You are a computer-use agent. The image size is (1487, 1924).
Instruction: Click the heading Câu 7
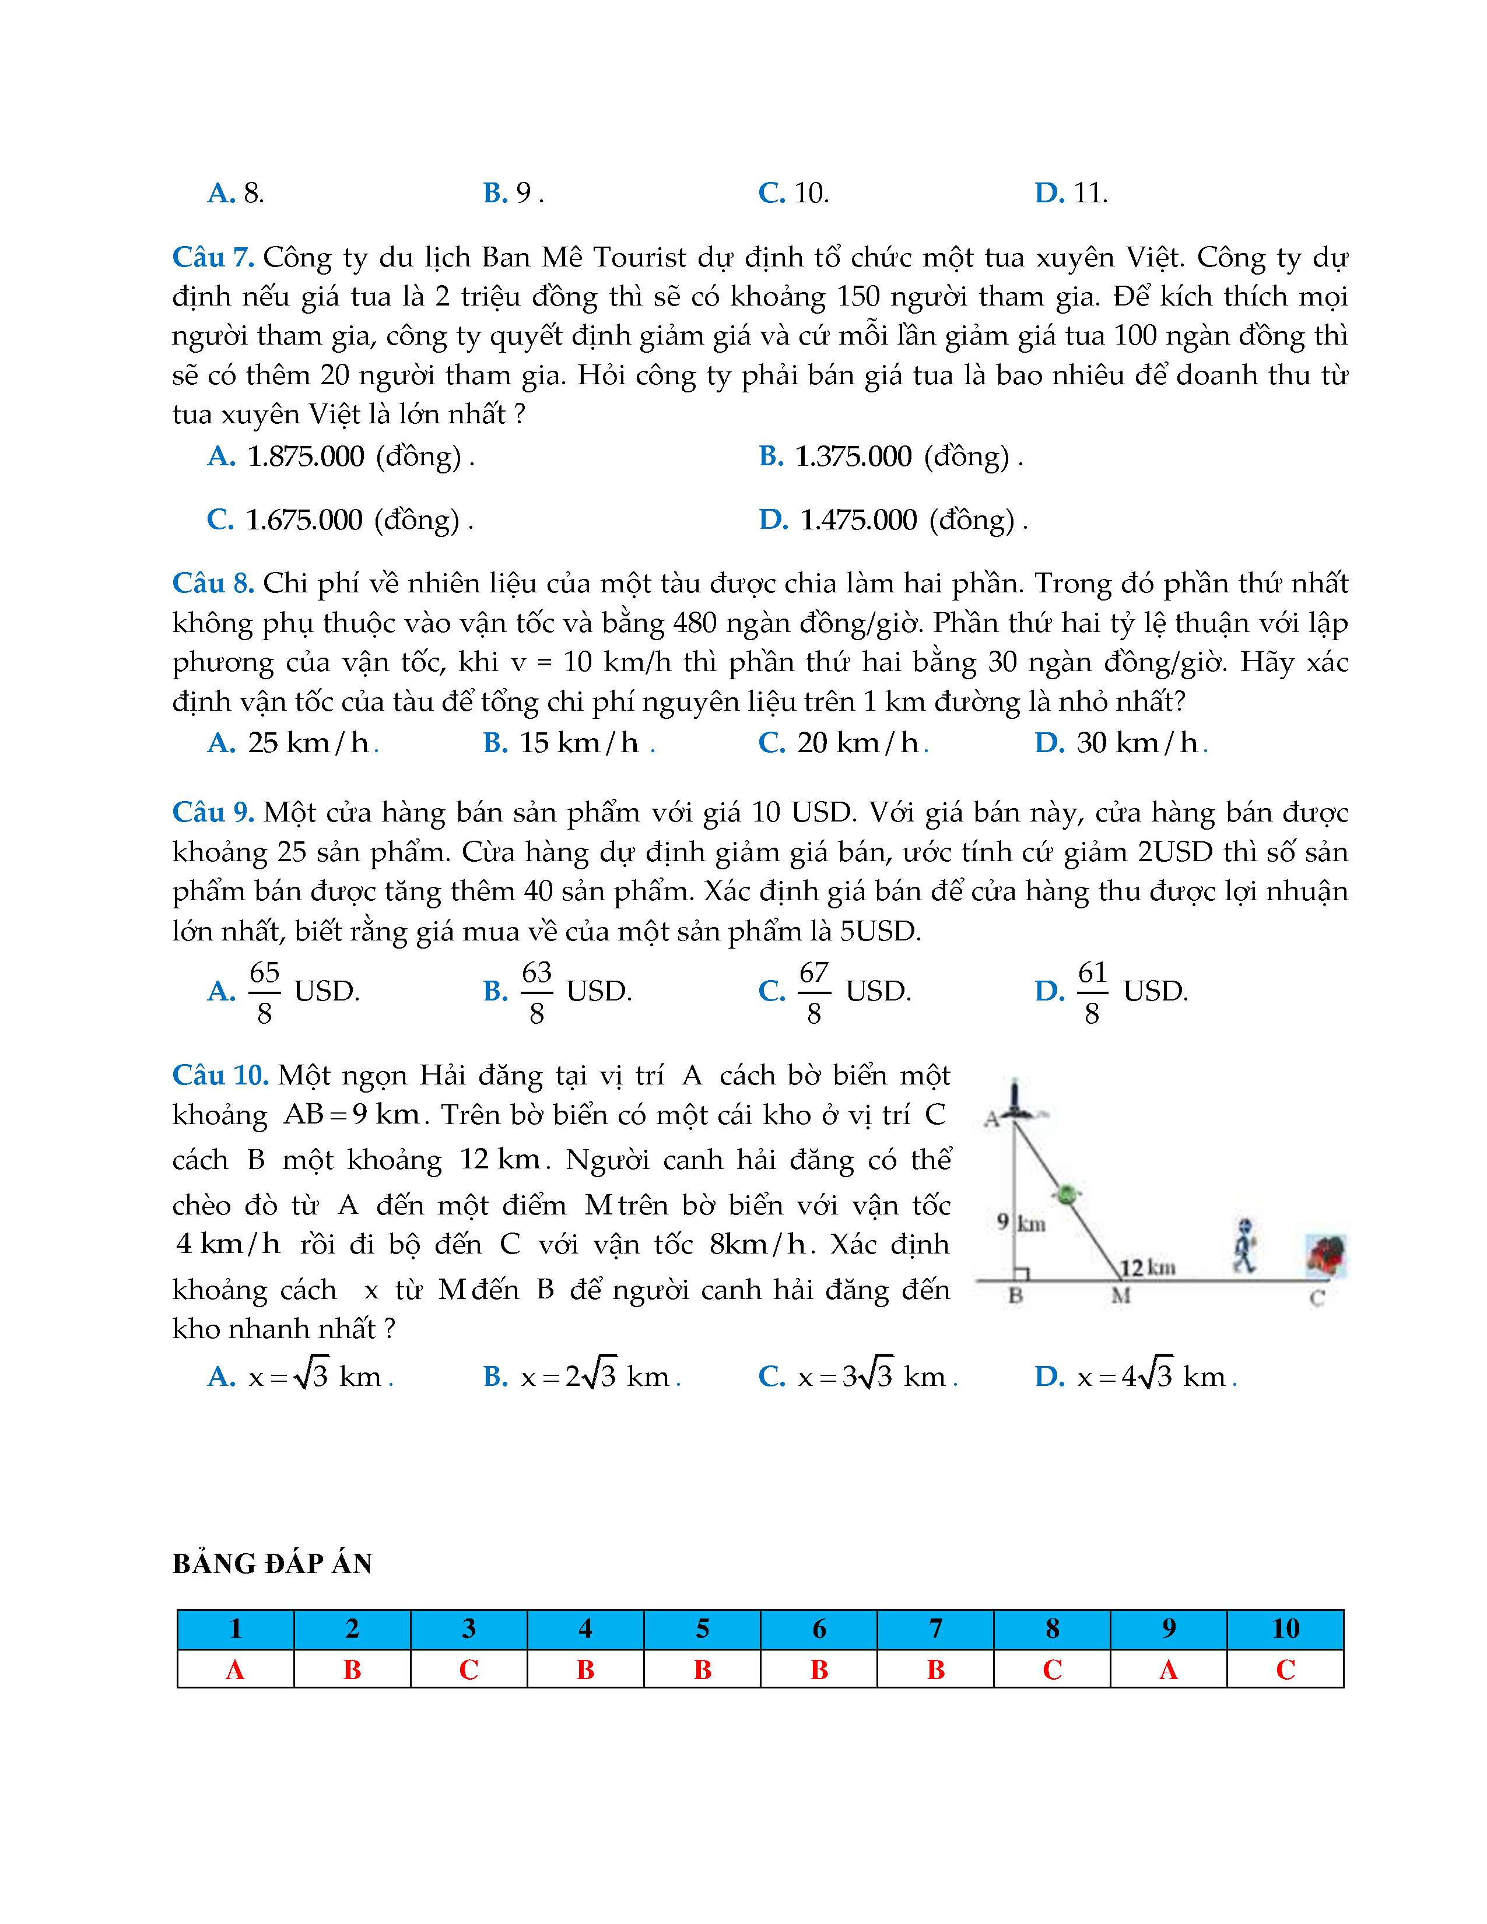tap(213, 257)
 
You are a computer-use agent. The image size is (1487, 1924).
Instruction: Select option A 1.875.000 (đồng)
tap(341, 457)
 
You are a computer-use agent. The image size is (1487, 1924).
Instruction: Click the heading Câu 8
tap(213, 583)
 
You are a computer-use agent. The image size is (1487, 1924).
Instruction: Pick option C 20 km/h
tap(843, 743)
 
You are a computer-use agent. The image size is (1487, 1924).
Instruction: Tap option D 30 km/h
tap(1121, 743)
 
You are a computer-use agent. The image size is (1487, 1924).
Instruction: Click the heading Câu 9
tap(213, 812)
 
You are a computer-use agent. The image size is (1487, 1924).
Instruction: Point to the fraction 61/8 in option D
tap(1092, 992)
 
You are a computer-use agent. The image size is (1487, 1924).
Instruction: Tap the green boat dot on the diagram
tap(1067, 1195)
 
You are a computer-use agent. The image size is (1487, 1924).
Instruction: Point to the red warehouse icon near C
tap(1326, 1255)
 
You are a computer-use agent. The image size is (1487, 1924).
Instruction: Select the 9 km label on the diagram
tap(1021, 1222)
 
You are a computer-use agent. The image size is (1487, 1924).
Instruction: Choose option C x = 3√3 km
tap(857, 1376)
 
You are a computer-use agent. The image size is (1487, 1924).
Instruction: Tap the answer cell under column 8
tap(1052, 1669)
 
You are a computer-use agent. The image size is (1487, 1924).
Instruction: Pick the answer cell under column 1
tap(235, 1669)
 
